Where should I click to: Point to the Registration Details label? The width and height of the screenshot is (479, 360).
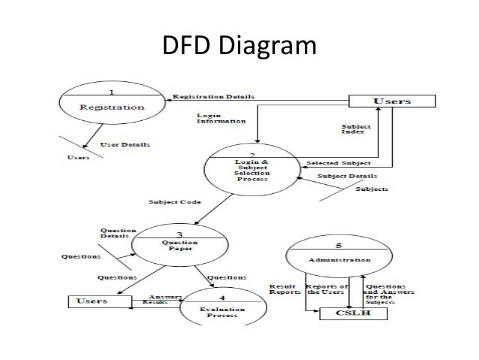tap(213, 96)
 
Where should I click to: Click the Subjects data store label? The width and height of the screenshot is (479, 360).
tap(372, 189)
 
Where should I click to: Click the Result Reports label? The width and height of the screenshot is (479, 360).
tap(285, 290)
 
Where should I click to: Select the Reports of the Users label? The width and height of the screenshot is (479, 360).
tap(330, 290)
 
